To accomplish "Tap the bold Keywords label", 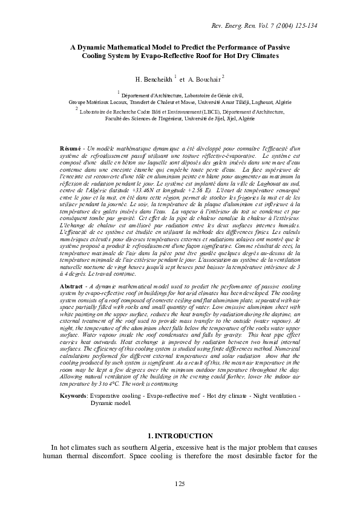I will click(x=73, y=395).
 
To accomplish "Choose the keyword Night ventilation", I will click(x=269, y=395).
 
